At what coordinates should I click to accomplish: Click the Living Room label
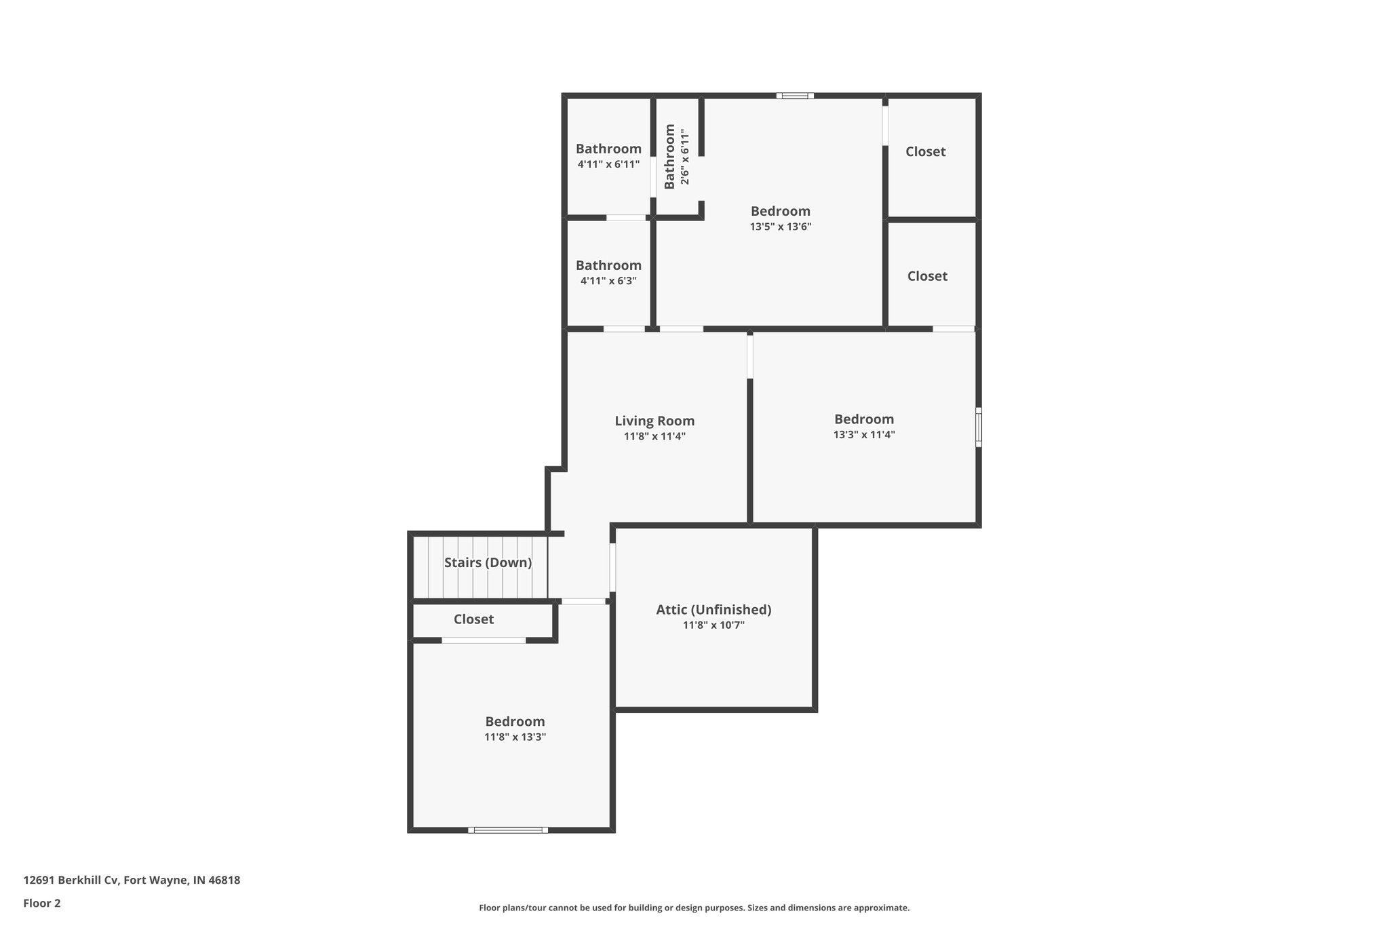coord(654,421)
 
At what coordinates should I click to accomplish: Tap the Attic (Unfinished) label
coord(713,610)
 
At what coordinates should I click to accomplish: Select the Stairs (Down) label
coord(488,562)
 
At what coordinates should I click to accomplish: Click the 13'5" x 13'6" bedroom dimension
coord(781,227)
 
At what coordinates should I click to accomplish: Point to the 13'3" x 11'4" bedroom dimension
coord(864,435)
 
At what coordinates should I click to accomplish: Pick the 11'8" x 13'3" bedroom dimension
coord(515,737)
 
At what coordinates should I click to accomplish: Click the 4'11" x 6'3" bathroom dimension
coord(608,281)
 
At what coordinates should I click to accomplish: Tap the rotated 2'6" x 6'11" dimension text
coord(685,157)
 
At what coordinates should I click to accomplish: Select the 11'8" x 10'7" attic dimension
coord(713,625)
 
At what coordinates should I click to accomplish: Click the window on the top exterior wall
coord(795,96)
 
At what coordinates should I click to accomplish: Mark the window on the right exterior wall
coord(978,427)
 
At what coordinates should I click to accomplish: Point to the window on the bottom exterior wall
coord(508,830)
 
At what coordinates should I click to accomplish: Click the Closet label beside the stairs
coord(473,619)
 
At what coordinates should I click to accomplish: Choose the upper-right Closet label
coord(925,151)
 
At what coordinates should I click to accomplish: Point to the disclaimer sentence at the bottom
coord(694,908)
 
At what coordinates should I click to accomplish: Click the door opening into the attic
coord(612,567)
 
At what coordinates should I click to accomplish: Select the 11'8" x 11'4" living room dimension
coord(654,437)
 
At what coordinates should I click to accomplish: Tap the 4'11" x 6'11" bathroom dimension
coord(608,164)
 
